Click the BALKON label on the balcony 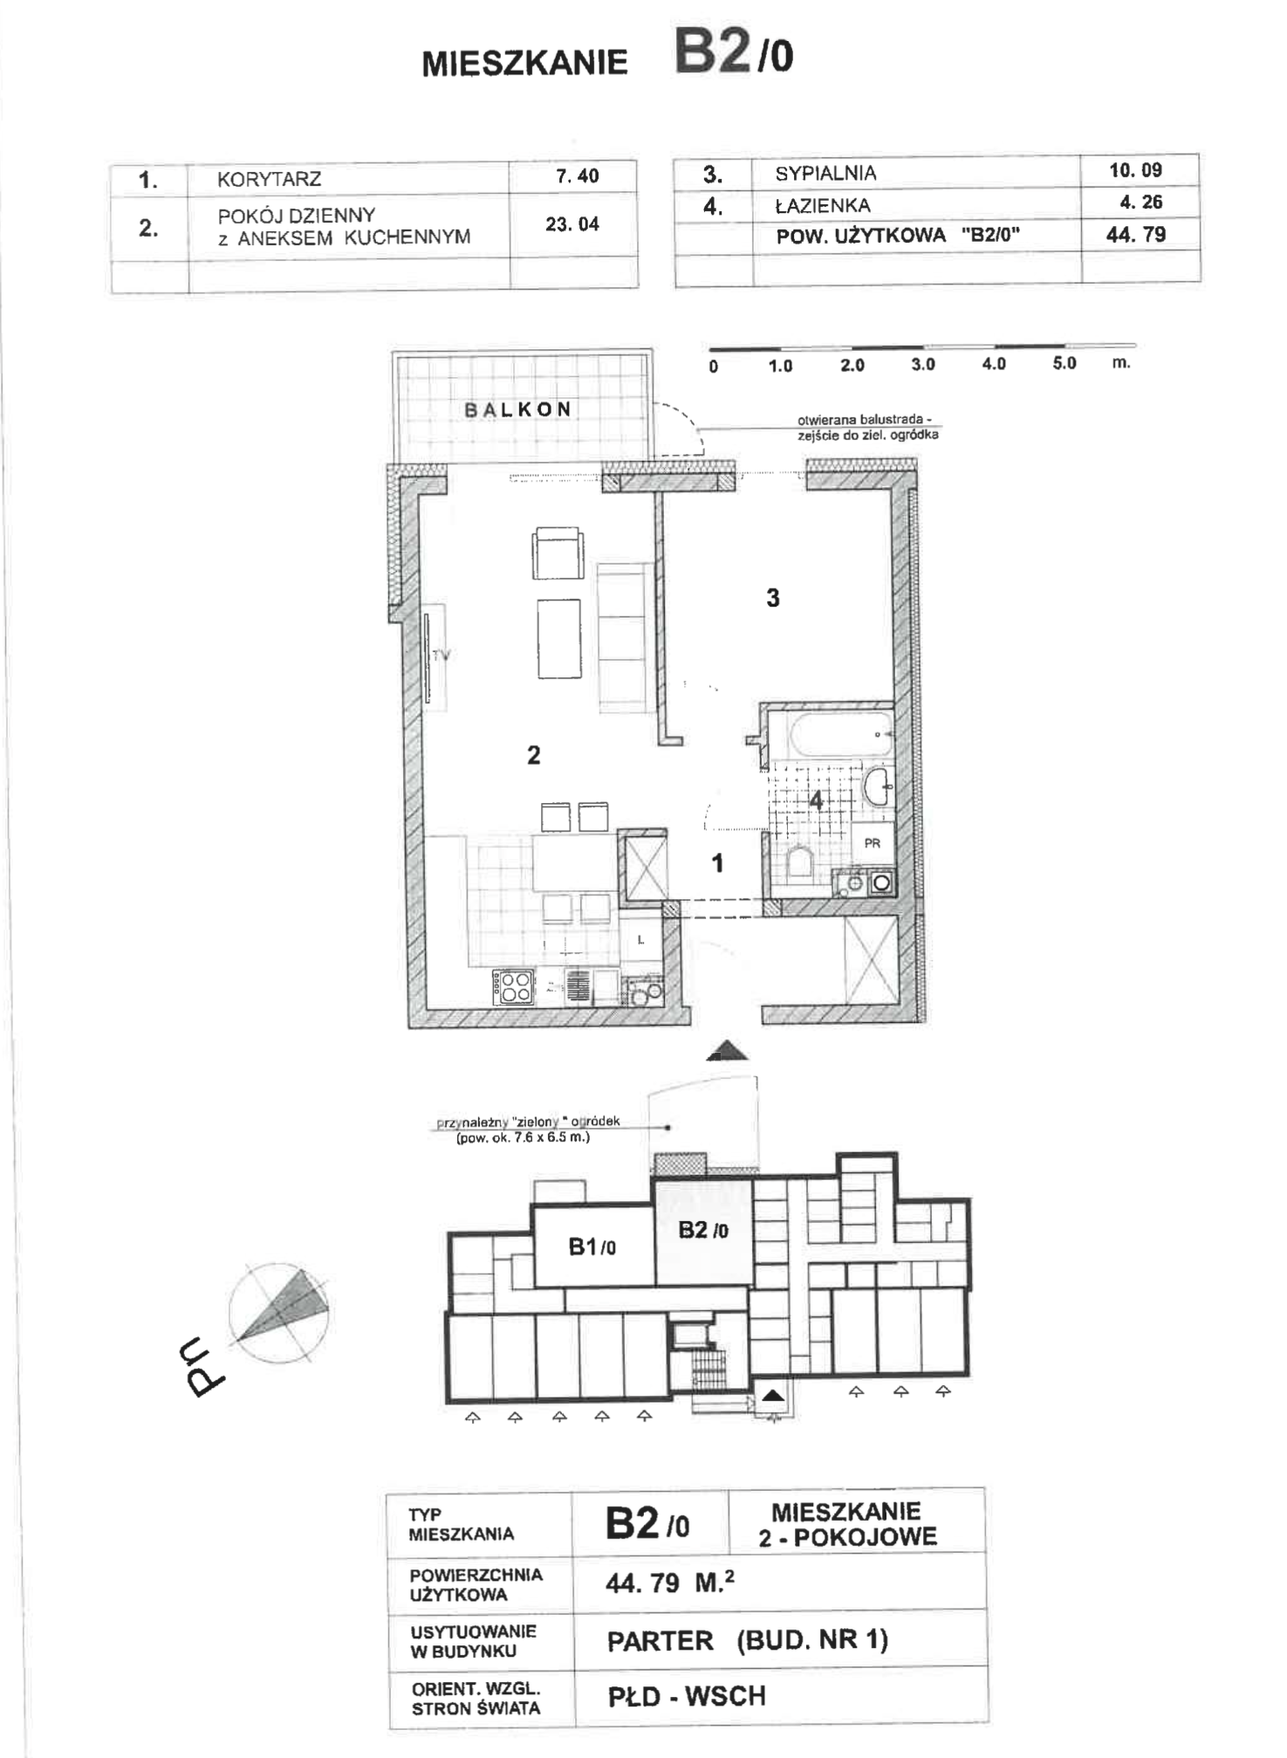[517, 409]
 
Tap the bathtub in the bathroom [840, 736]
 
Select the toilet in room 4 [800, 862]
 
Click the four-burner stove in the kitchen [514, 987]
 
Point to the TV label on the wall [442, 655]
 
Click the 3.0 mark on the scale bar [922, 365]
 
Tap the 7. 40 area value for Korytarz [577, 176]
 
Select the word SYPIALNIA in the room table [825, 174]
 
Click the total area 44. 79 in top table [1136, 234]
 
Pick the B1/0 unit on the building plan [593, 1246]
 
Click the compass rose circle [278, 1312]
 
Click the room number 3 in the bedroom [773, 598]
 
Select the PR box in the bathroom [873, 843]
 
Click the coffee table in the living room [559, 638]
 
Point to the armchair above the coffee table [558, 553]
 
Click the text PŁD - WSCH [687, 1696]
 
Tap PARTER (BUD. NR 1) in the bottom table [748, 1640]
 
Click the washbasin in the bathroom [878, 786]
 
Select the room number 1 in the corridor [717, 863]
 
